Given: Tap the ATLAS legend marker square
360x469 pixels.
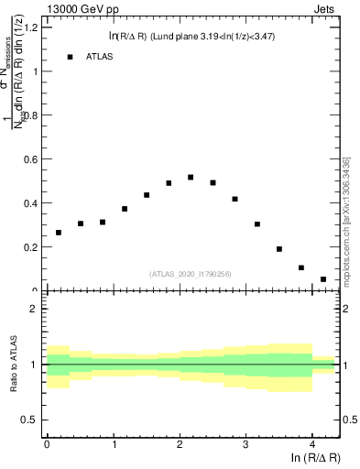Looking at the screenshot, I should pyautogui.click(x=70, y=57).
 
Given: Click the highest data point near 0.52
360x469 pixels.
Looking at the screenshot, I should pyautogui.click(x=191, y=177).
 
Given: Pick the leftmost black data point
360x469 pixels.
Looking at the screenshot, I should pyautogui.click(x=59, y=233).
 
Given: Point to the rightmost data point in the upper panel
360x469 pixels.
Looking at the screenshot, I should pyautogui.click(x=323, y=279).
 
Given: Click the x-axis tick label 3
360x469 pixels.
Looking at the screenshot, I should pyautogui.click(x=245, y=444).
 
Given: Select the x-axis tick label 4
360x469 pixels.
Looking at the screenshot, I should pyautogui.click(x=312, y=444).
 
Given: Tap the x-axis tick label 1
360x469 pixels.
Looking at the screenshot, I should pyautogui.click(x=114, y=444).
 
